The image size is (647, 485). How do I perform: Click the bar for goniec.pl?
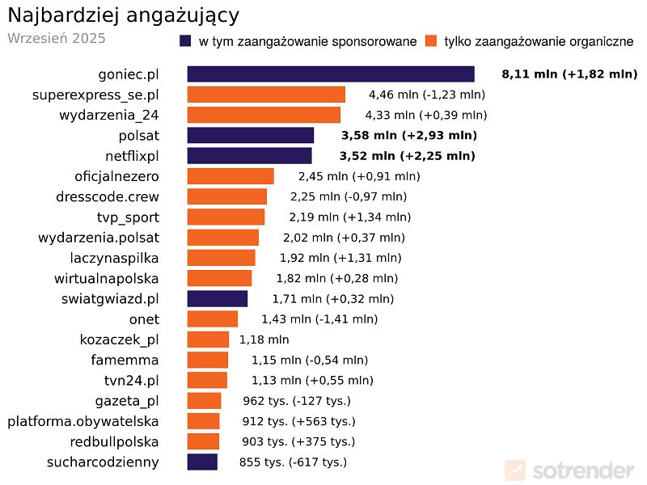pyautogui.click(x=330, y=74)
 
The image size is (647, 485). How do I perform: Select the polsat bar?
pyautogui.click(x=250, y=135)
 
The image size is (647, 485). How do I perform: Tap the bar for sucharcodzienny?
pyautogui.click(x=202, y=462)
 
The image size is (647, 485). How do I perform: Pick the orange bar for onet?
pyautogui.click(x=212, y=319)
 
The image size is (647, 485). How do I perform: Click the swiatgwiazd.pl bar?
pyautogui.click(x=217, y=298)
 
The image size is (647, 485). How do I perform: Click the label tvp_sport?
pyautogui.click(x=128, y=217)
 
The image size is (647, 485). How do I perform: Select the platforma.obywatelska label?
pyautogui.click(x=83, y=421)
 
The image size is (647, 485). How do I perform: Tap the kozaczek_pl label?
pyautogui.click(x=120, y=339)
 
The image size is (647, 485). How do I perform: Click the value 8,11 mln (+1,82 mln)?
pyautogui.click(x=569, y=74)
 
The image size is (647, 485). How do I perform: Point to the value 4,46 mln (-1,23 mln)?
pyautogui.click(x=426, y=95)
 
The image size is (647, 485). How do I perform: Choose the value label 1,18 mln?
pyautogui.click(x=264, y=339)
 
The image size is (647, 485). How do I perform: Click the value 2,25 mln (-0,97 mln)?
pyautogui.click(x=349, y=196)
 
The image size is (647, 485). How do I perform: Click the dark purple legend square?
pyautogui.click(x=185, y=41)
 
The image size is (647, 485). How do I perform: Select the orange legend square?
pyautogui.click(x=431, y=41)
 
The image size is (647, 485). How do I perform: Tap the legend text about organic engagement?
pyautogui.click(x=539, y=41)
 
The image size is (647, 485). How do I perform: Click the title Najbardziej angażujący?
pyautogui.click(x=123, y=15)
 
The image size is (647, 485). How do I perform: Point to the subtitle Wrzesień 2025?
pyautogui.click(x=56, y=38)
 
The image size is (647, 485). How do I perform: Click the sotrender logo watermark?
pyautogui.click(x=569, y=470)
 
